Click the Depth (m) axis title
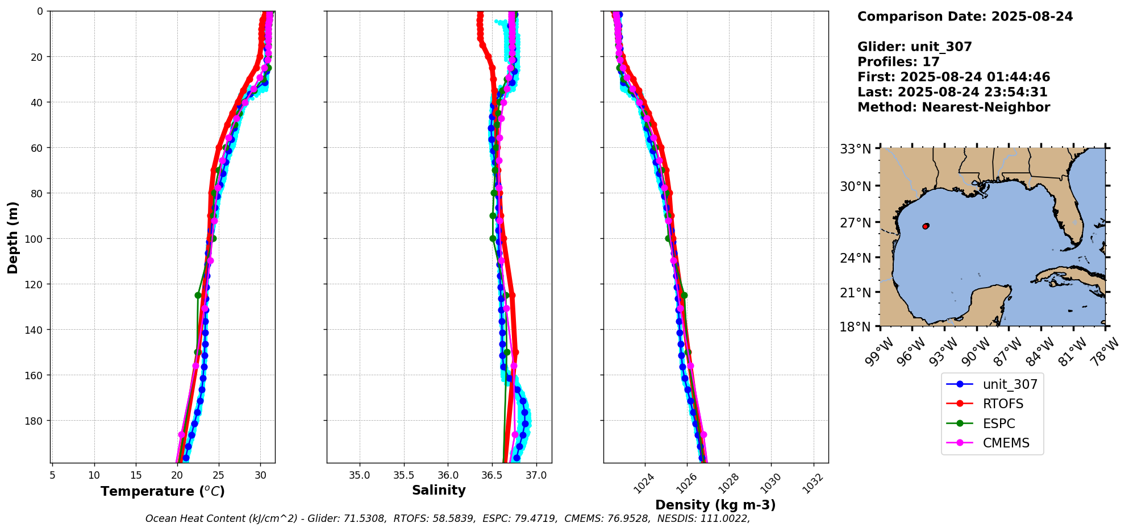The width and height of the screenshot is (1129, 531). (13, 237)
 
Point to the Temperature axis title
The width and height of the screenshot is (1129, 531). (163, 491)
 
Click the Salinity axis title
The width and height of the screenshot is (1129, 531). (439, 490)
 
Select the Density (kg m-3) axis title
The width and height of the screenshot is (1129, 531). (715, 505)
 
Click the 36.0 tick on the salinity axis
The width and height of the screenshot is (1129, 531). (448, 475)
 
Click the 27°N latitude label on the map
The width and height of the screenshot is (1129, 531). (856, 223)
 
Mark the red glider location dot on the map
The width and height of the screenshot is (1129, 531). (926, 226)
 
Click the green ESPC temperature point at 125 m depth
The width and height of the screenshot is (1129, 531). (198, 295)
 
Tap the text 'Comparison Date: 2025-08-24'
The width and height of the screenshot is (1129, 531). (965, 16)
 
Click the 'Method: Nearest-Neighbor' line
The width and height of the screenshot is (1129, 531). (953, 107)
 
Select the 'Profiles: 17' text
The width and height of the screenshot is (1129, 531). (898, 62)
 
